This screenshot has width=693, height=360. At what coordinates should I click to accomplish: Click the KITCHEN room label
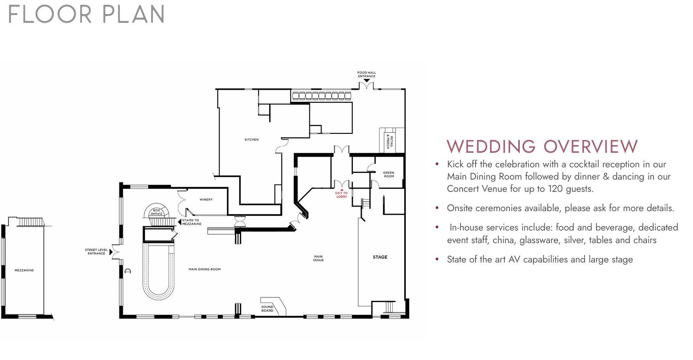tap(251, 140)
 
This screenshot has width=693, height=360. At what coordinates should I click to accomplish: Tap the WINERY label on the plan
tap(206, 200)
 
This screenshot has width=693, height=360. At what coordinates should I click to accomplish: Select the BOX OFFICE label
tap(157, 212)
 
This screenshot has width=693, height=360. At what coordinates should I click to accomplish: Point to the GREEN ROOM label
tap(389, 174)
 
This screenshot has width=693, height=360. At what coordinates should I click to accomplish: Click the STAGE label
tap(380, 257)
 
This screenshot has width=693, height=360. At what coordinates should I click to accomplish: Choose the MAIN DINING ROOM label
tap(204, 270)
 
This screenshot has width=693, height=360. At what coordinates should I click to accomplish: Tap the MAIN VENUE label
tap(318, 259)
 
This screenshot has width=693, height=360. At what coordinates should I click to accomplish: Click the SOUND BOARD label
tap(267, 309)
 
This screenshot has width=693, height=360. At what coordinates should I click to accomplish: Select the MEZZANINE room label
tap(24, 270)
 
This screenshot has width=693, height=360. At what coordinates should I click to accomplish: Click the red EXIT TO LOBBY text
tap(342, 195)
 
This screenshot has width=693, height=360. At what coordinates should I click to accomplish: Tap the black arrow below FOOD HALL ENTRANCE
tap(367, 81)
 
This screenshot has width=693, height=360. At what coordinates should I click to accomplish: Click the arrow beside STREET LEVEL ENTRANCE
tap(111, 252)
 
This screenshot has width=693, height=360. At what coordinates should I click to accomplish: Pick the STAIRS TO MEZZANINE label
tap(192, 222)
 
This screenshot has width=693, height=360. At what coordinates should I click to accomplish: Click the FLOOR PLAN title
tap(86, 15)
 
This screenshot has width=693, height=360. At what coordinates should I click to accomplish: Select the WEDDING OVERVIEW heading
tap(542, 146)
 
